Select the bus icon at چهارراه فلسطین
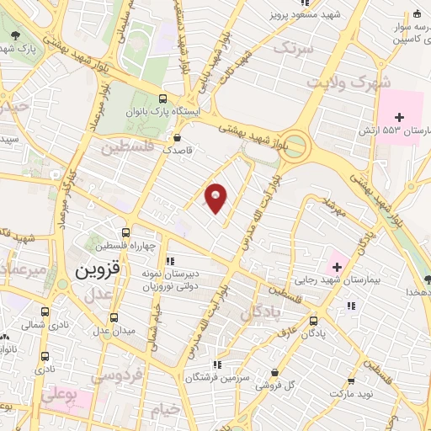(125, 233)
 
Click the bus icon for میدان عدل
(114, 317)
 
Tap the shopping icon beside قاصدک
(177, 137)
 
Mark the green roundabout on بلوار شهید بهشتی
(295, 146)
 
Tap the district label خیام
(167, 412)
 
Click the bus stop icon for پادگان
(314, 321)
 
